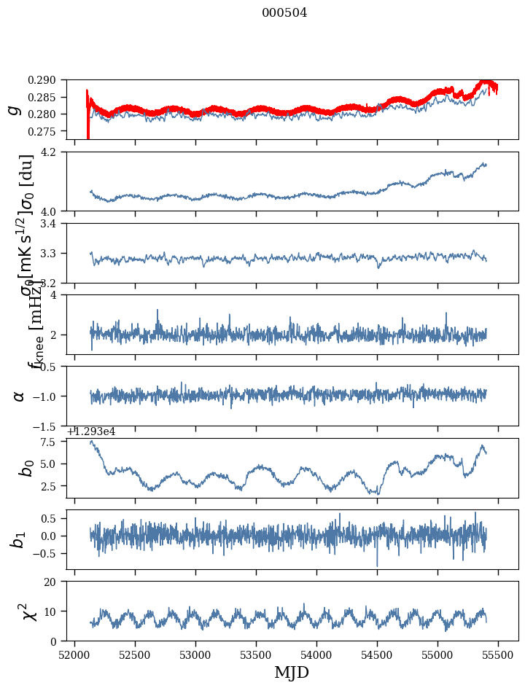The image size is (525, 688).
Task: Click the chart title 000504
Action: [x=284, y=13]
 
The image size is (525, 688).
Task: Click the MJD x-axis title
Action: [x=292, y=673]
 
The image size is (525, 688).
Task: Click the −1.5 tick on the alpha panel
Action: [x=51, y=426]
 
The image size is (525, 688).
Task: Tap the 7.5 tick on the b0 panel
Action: [x=54, y=442]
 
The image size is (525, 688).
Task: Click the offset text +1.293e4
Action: [x=91, y=431]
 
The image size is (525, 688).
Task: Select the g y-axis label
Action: [x=13, y=109]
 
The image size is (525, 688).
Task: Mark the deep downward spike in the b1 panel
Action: [x=377, y=565]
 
